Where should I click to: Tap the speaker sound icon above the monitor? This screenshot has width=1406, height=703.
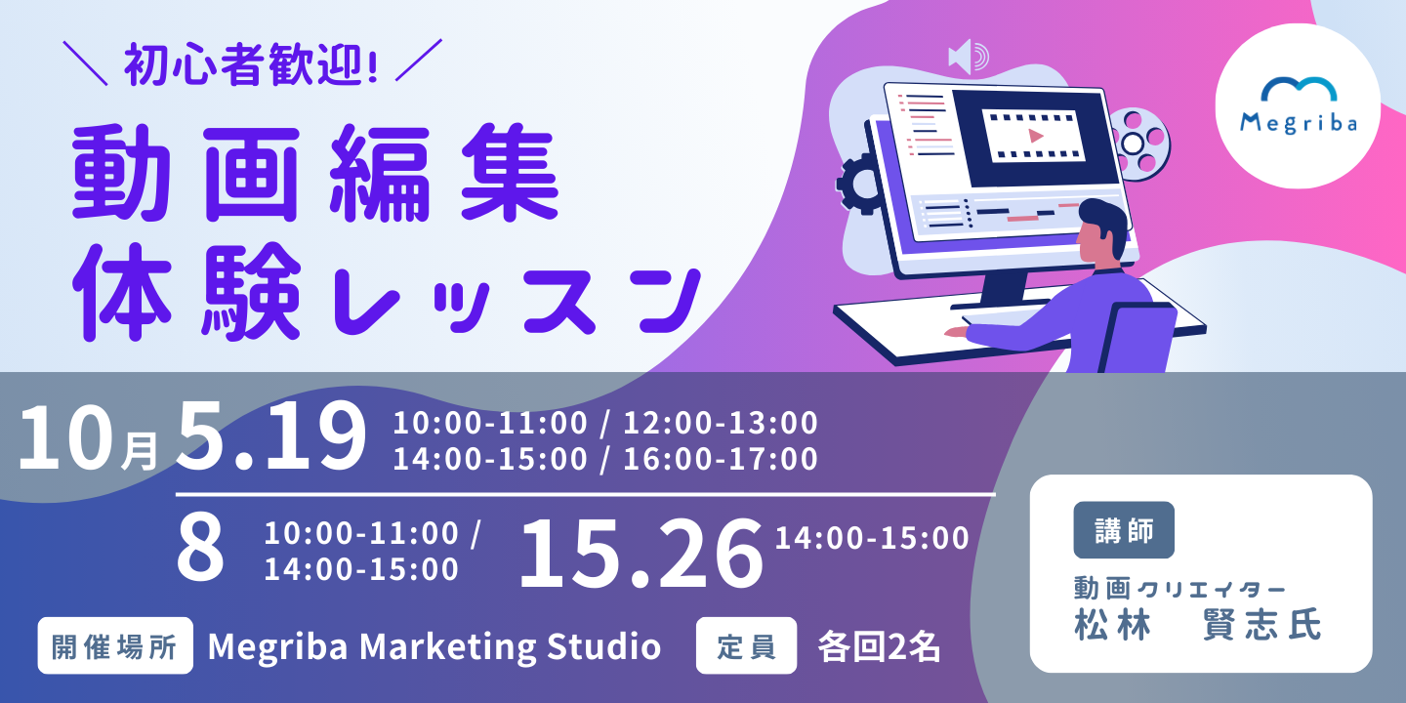[x=969, y=57]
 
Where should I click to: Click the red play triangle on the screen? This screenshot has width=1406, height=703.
[x=1035, y=136]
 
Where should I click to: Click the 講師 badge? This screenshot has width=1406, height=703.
[x=1124, y=530]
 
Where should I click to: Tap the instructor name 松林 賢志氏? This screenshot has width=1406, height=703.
[x=1198, y=625]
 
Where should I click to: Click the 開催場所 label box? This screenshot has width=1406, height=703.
[x=115, y=646]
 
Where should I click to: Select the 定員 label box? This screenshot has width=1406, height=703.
[x=746, y=646]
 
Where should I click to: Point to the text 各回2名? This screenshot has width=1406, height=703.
[x=879, y=646]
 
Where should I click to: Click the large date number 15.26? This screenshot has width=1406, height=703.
[x=641, y=554]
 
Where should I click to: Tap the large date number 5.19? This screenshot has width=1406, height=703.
[x=271, y=435]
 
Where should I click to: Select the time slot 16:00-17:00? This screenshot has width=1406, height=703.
[x=721, y=459]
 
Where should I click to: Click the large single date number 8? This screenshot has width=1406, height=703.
[x=200, y=549]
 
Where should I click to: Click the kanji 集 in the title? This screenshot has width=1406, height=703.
[x=510, y=173]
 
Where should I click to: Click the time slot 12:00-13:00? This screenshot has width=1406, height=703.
[x=721, y=423]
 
